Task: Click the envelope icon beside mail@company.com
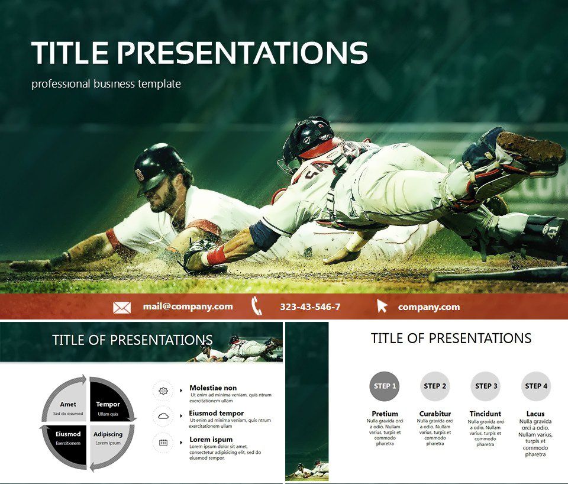tap(122, 307)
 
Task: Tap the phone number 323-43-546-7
tap(310, 306)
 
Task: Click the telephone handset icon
tap(257, 306)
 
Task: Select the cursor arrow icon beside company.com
tap(382, 306)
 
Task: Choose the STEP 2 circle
tap(435, 386)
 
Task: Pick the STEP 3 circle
tap(485, 386)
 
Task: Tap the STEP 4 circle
tap(536, 386)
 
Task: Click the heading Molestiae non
tap(213, 388)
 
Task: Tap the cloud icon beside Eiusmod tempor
tap(163, 416)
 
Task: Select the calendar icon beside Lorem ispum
tap(163, 442)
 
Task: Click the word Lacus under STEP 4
tap(535, 414)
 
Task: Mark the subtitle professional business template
tap(106, 84)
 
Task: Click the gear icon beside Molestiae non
tap(163, 391)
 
